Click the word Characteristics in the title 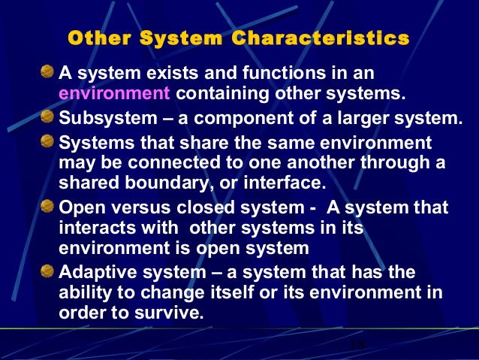321,38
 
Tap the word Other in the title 100,38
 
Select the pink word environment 114,93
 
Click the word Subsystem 108,118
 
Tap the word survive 169,313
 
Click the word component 243,119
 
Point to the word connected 174,162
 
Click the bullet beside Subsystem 47,116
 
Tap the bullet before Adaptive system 47,271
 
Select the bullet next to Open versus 47,206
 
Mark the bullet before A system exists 47,71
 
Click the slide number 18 357,344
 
